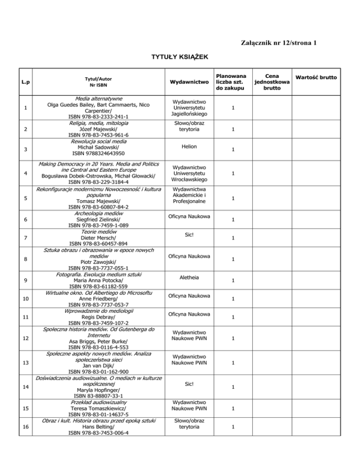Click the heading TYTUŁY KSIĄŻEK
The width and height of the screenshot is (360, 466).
(x=180, y=57)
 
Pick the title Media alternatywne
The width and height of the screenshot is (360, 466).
(x=98, y=99)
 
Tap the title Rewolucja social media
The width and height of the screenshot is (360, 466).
(x=98, y=141)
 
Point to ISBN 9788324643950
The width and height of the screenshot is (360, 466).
(x=98, y=153)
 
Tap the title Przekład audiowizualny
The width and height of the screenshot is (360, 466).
(x=98, y=402)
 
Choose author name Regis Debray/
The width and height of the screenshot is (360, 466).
(x=98, y=316)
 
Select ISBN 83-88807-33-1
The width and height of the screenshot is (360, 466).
(x=98, y=395)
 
